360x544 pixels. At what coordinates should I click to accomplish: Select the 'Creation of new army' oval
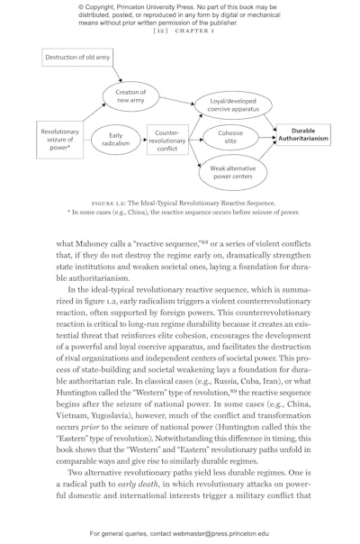[130, 95]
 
